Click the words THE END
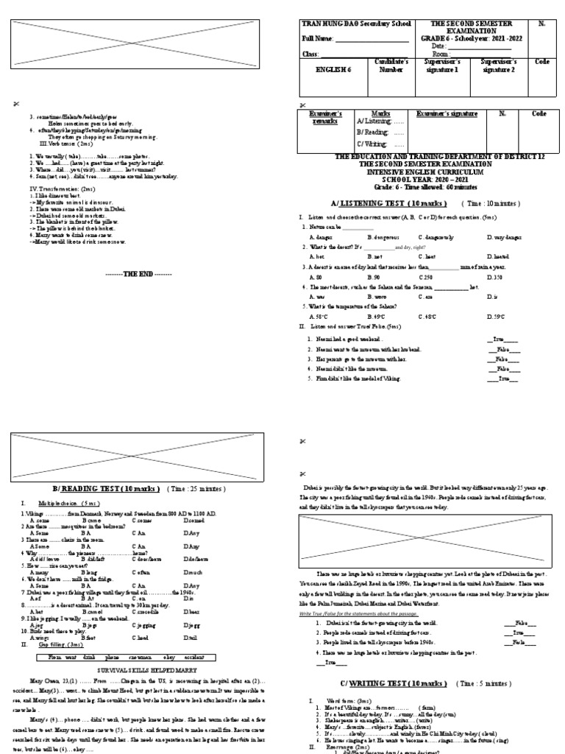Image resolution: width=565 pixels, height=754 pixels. pyautogui.click(x=138, y=273)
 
